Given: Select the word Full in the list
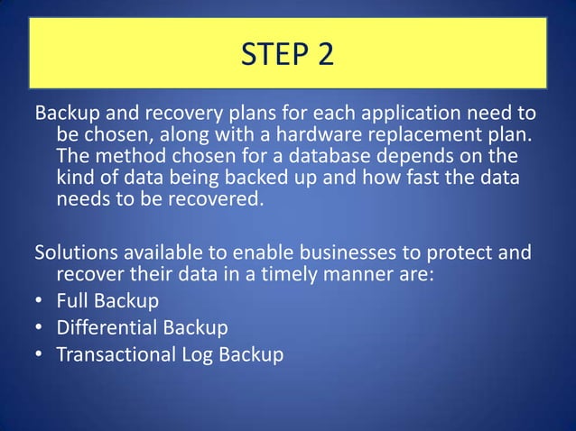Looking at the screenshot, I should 72,298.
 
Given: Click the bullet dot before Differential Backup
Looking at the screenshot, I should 41,327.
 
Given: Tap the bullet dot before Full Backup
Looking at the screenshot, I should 41,299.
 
